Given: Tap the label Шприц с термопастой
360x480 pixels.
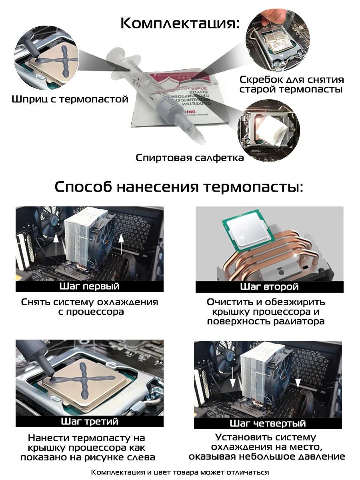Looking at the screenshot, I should (x=70, y=99).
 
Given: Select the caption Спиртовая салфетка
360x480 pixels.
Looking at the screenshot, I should (x=190, y=158).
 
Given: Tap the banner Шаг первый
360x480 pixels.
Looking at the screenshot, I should (x=89, y=286).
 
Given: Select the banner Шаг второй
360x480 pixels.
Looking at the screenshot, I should (x=269, y=287).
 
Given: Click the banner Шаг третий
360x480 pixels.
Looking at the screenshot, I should (x=89, y=421).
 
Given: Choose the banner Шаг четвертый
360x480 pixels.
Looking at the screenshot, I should (x=268, y=423).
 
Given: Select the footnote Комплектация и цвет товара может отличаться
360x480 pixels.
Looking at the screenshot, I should (x=180, y=472).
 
